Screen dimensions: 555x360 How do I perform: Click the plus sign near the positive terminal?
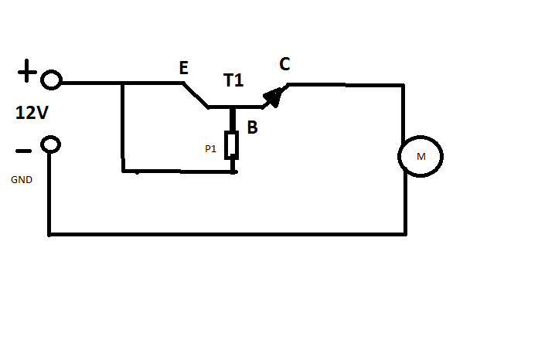(27, 71)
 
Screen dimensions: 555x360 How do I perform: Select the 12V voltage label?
(32, 113)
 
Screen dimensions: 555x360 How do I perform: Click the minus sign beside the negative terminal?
(23, 151)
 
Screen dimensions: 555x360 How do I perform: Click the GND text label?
(22, 180)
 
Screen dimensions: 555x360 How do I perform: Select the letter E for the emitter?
(183, 67)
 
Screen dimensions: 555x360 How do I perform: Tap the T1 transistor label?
(233, 80)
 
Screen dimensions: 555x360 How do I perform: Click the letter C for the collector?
(284, 64)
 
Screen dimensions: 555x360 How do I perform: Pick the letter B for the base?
(252, 127)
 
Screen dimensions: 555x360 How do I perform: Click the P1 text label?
(210, 149)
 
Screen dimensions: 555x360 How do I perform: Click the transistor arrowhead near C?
(274, 97)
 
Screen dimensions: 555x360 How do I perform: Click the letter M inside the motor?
(421, 156)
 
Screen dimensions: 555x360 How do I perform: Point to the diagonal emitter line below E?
(196, 95)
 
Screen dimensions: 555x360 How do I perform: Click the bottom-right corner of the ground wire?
(406, 234)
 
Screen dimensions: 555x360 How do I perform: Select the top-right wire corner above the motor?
(403, 85)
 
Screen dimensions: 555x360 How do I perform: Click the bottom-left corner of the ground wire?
(49, 234)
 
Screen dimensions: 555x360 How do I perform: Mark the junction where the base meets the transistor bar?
(232, 107)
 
